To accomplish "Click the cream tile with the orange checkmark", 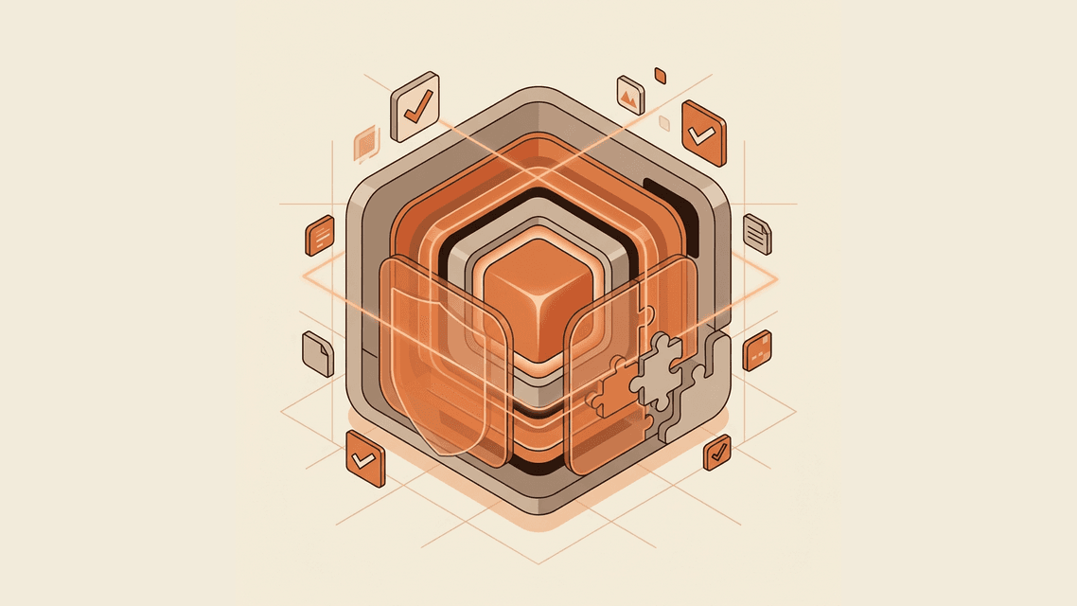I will [x=415, y=107].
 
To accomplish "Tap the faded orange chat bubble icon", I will [x=366, y=145].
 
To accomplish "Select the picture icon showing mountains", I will [x=630, y=95].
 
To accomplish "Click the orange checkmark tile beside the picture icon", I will [x=703, y=134].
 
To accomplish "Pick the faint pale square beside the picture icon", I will [x=664, y=123].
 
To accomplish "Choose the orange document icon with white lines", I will [x=320, y=236].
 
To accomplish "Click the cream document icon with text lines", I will [x=758, y=233].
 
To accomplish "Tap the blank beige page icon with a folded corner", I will [x=318, y=354].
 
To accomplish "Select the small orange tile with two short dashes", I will [x=757, y=351].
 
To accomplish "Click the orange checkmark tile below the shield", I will [x=365, y=459].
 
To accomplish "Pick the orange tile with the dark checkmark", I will [x=718, y=453].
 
